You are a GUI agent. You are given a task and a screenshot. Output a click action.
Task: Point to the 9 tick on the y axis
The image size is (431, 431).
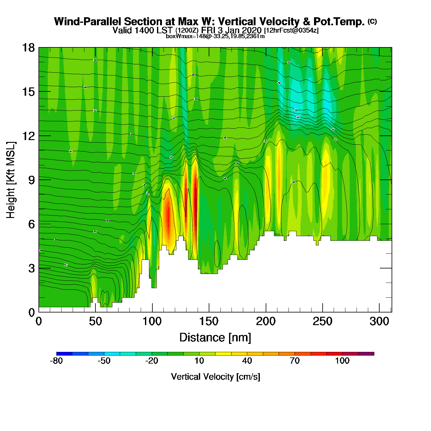pos(31,180)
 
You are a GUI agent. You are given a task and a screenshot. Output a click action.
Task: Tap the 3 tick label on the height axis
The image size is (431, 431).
pos(31,268)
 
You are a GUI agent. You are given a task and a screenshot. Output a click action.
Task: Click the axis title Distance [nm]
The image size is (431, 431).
pos(215,337)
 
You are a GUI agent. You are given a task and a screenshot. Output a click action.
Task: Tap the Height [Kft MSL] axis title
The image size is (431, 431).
pos(11,180)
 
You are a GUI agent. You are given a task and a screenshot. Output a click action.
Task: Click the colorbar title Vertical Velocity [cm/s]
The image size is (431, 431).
pos(215,377)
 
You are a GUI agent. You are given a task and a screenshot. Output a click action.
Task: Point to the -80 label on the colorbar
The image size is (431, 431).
pos(56,361)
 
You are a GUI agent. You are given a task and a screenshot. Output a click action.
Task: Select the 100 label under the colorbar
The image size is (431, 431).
pos(342,361)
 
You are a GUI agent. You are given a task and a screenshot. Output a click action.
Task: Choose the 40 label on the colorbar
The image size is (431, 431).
pos(247,361)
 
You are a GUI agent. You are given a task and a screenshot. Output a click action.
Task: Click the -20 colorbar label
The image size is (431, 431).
pos(151,361)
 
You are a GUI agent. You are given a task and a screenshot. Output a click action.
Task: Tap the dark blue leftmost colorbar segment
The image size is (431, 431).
pos(64,354)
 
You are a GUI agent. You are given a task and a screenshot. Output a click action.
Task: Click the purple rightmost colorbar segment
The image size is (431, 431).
pos(366,354)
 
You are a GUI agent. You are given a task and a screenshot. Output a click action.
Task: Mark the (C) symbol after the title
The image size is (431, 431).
pos(372,21)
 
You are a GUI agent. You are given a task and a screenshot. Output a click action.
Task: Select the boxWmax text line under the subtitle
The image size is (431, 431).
pos(215,36)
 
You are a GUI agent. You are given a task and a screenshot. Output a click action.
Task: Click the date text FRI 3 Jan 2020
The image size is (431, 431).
pos(231,30)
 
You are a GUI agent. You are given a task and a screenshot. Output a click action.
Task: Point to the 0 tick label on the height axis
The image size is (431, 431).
pos(31,312)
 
